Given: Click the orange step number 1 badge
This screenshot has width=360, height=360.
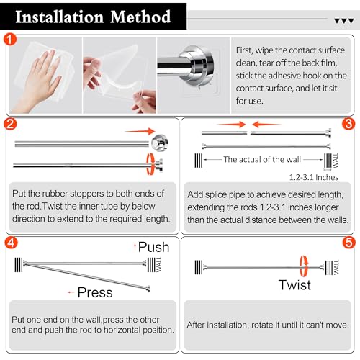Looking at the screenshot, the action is pos(10,40).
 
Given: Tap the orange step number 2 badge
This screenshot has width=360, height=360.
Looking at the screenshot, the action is pos(10,124).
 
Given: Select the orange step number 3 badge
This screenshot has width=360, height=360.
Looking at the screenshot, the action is pos(348,124).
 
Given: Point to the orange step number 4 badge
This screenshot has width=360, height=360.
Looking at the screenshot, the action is pos(12,243).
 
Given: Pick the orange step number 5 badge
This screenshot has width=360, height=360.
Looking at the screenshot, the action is pos(348,243).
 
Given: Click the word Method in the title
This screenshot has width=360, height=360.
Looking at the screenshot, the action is pos(140,17).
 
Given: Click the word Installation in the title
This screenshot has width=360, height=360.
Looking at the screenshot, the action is pos(60,17).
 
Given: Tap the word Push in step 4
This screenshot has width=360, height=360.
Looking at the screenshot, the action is pos(153,247).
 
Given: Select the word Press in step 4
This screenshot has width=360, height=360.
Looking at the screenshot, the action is pos(95,292).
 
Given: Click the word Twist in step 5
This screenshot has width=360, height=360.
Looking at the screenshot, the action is pos(294,285).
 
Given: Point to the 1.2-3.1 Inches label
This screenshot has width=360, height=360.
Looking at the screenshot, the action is pos(314,177).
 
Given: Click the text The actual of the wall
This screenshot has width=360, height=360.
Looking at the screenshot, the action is pos(262,159).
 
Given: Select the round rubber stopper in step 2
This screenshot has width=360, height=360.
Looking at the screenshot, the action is pos(160,143).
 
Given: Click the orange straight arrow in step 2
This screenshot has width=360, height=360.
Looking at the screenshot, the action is pos(140,131).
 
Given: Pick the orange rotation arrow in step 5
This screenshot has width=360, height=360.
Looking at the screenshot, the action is pos(304,266).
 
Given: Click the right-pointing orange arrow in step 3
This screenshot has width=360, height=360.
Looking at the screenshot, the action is pos(231,125).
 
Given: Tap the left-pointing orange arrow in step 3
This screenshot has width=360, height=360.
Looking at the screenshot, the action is pos(266,125).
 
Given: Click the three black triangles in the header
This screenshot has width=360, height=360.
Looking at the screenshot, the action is pos(344,21).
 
